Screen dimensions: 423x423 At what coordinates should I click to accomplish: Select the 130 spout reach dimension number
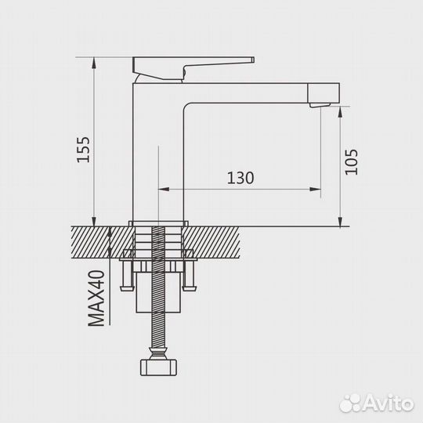pyautogui.click(x=240, y=178)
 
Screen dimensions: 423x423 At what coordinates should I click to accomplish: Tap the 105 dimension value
pyautogui.click(x=350, y=161)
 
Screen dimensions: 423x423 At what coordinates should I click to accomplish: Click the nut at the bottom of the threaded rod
pyautogui.click(x=157, y=367)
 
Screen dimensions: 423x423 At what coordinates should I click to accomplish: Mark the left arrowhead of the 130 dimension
pyautogui.click(x=164, y=189)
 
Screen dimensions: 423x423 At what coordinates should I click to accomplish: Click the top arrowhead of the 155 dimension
pyautogui.click(x=94, y=62)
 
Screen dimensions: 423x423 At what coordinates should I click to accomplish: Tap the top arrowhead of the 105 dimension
pyautogui.click(x=341, y=113)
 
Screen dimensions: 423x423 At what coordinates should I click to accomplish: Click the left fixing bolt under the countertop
pyautogui.click(x=127, y=274)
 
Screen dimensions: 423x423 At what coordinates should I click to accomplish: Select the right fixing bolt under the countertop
pyautogui.click(x=188, y=274)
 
